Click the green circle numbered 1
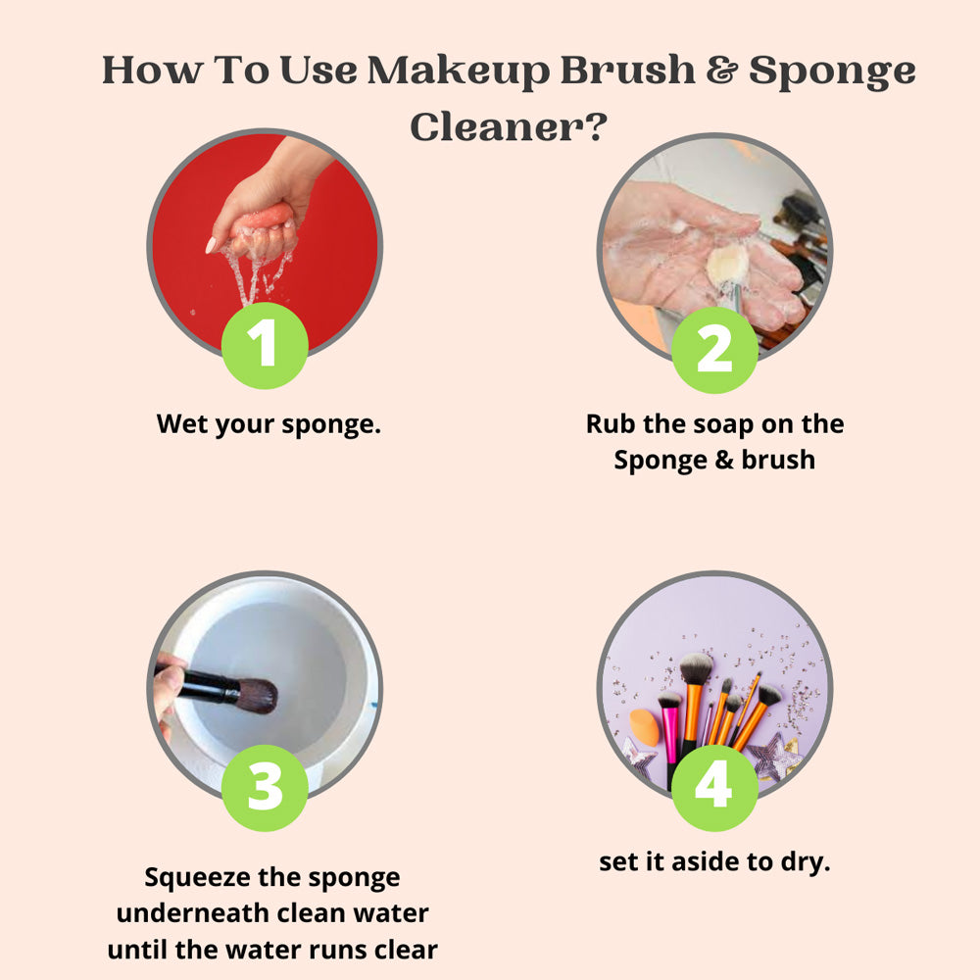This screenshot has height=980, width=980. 265,345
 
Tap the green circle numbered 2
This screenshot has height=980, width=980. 715,350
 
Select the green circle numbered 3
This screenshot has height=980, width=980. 265,788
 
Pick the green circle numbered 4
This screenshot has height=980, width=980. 715,788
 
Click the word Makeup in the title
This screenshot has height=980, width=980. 459,71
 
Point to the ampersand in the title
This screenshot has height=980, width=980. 722,69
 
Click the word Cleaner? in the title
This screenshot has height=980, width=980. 509,126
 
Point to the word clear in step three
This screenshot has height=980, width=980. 407,950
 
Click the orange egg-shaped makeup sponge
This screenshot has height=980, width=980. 644,727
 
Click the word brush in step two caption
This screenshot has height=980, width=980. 778,461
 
